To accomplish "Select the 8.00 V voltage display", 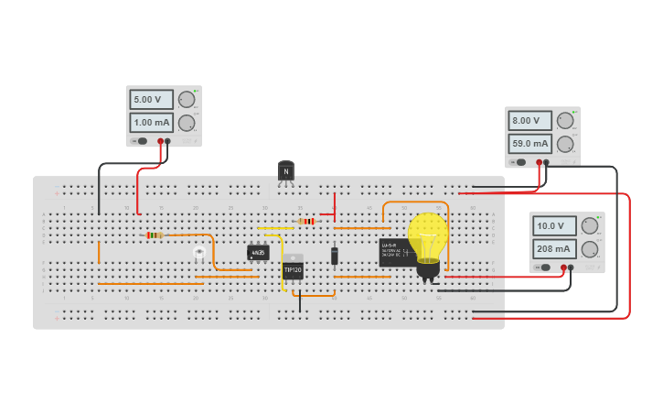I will [529, 121].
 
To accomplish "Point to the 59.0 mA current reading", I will [529, 143].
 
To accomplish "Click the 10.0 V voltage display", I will [554, 225].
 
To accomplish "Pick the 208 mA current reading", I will [554, 248].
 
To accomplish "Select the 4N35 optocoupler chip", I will [258, 252].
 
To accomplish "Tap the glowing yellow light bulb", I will [427, 240].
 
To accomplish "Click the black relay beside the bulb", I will [395, 252].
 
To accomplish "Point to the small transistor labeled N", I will [286, 171].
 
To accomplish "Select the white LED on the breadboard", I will [199, 251].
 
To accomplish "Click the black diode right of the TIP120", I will [335, 255].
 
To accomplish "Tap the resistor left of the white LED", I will [155, 235].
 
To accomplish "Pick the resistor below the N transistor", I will [306, 221].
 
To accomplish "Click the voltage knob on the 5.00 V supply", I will [187, 99].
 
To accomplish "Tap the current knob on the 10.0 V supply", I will [590, 248].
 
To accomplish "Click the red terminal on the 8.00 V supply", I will [539, 162].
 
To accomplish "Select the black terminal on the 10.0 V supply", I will [571, 268].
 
